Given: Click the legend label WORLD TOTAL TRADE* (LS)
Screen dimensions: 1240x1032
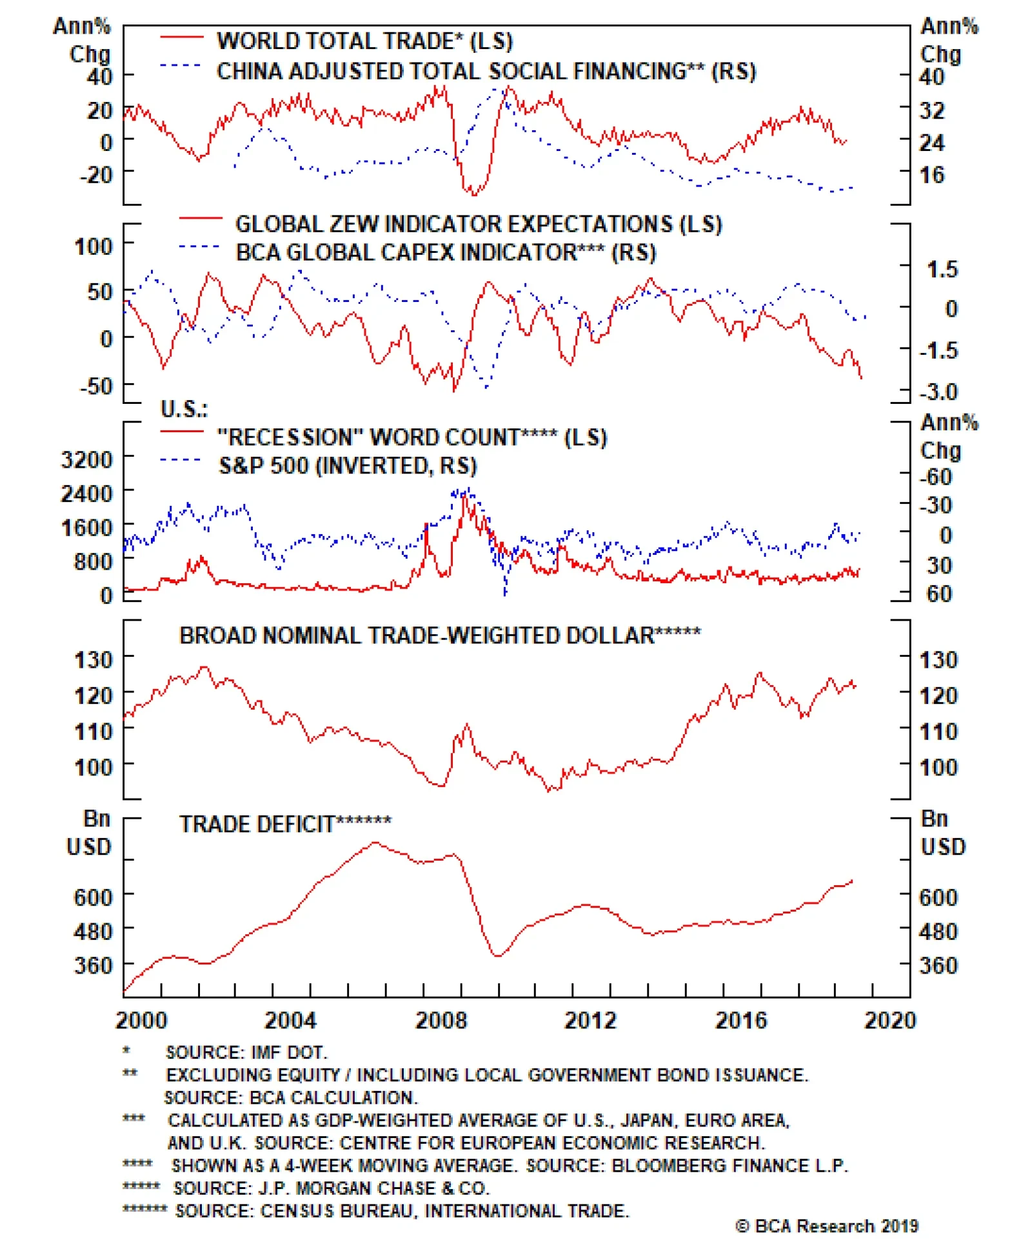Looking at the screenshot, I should [x=364, y=41].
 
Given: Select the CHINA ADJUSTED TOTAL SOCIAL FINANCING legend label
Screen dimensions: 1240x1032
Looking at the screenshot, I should [x=485, y=71].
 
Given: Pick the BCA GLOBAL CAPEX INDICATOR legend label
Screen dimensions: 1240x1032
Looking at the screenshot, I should [x=445, y=252].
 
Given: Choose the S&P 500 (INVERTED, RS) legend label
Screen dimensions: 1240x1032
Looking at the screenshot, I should [x=348, y=466].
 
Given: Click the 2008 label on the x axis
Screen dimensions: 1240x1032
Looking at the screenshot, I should [x=441, y=1020].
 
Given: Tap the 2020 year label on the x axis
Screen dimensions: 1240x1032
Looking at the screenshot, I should [x=889, y=1020].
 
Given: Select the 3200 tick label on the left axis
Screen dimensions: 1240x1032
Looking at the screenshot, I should [x=86, y=460].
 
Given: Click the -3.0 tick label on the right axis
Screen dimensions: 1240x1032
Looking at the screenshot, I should [x=938, y=392].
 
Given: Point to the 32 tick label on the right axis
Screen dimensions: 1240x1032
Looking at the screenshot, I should [x=932, y=110].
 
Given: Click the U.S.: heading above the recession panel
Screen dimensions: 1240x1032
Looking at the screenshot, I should [x=184, y=409].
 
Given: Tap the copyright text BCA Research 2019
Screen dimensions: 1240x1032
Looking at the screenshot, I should [x=827, y=1225].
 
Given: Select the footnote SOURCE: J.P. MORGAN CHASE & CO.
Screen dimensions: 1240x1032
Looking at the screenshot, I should [x=332, y=1188].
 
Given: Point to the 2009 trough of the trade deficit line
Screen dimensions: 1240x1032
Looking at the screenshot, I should [x=497, y=955].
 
